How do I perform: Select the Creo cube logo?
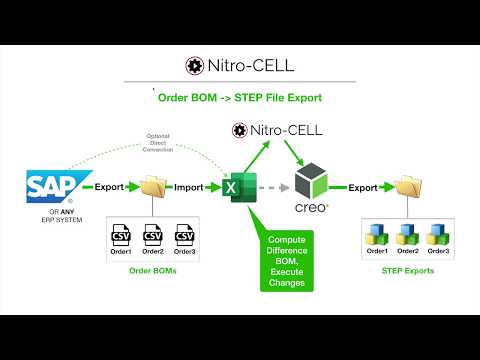(309, 181)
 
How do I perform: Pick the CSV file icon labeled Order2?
(153, 239)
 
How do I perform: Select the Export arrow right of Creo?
(362, 186)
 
